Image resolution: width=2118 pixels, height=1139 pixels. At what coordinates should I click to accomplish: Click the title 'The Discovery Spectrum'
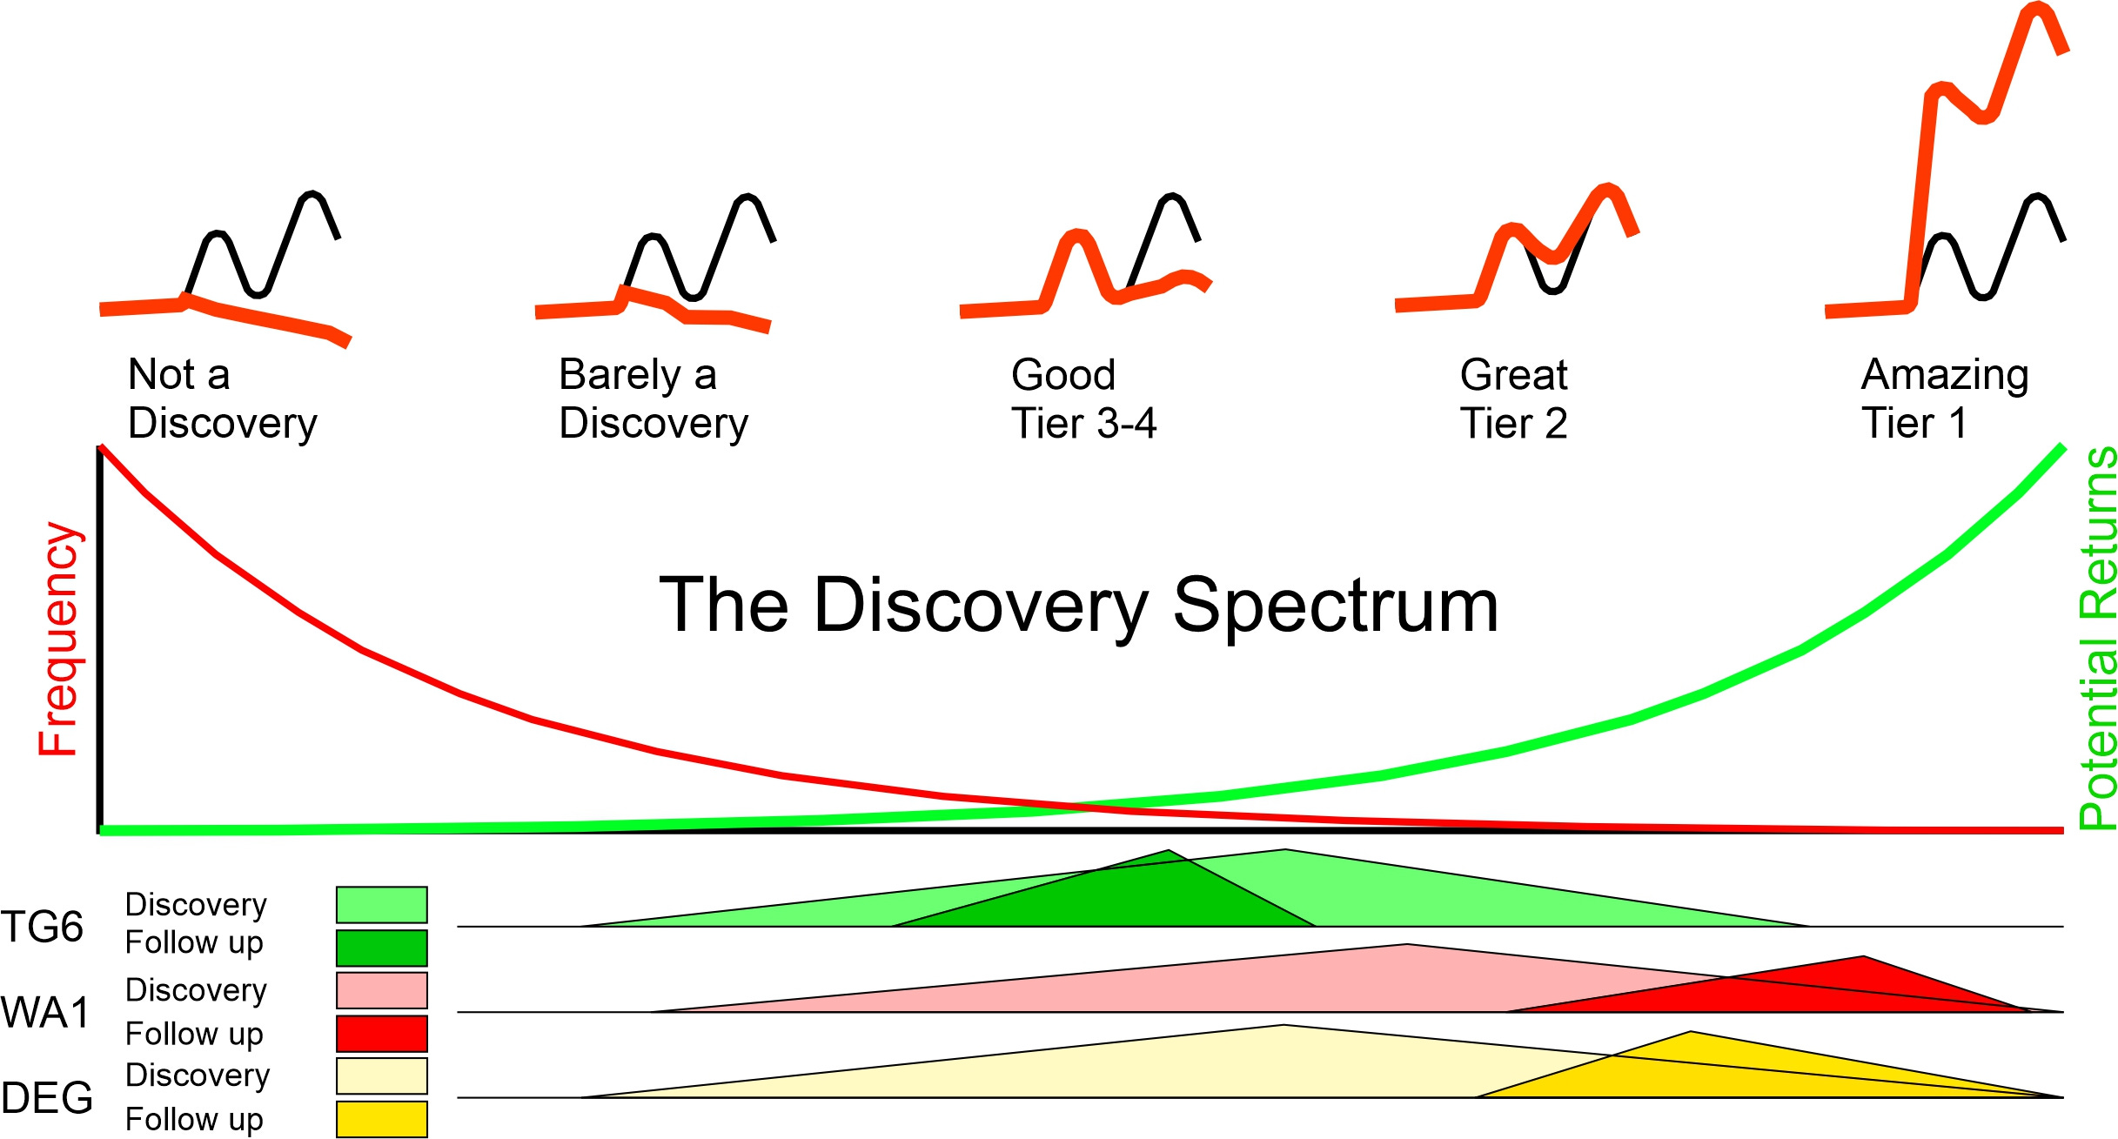(1079, 606)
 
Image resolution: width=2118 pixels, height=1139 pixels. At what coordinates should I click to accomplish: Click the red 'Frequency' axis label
(59, 640)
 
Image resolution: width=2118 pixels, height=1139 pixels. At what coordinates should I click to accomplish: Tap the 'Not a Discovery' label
(222, 399)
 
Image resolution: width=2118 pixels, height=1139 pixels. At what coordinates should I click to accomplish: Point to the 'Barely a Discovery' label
(653, 399)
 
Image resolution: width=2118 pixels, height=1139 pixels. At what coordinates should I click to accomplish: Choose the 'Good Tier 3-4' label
(1083, 399)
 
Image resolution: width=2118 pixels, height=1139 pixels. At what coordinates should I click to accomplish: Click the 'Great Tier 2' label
(1513, 399)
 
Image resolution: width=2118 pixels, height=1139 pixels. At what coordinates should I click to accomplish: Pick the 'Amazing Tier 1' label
(1945, 399)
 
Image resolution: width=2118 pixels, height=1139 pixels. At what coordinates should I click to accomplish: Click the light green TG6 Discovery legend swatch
(381, 905)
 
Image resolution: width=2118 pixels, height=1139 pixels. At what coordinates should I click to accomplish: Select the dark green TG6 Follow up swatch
(381, 948)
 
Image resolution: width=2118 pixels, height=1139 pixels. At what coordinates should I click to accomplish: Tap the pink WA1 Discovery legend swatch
(381, 990)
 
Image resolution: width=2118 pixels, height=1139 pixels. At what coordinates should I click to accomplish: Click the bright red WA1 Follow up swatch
(381, 1034)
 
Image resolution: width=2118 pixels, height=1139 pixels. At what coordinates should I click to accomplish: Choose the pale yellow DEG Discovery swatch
(381, 1075)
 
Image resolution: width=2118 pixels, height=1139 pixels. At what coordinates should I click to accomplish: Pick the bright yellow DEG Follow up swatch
(381, 1119)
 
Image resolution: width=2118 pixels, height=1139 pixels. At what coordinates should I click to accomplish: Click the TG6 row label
(42, 927)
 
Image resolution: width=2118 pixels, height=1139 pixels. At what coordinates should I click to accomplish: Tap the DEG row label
(47, 1097)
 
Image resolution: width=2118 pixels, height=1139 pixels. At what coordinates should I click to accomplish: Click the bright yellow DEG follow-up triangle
(1697, 1070)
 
